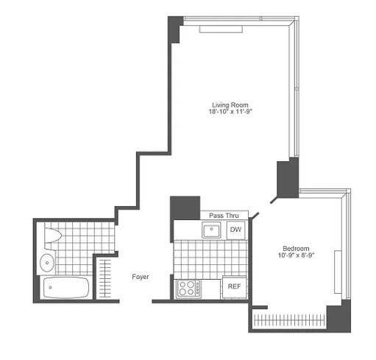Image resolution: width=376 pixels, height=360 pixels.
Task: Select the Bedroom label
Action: click(296, 248)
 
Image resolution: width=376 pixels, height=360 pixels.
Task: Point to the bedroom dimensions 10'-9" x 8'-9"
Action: click(296, 256)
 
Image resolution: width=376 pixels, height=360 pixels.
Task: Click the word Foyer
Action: click(141, 277)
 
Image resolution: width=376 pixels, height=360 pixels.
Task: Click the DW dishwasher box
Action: click(235, 230)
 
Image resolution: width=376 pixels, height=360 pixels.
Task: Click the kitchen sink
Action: click(213, 230)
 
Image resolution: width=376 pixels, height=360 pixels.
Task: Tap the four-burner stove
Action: click(187, 287)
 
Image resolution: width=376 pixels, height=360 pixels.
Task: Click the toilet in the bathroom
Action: click(52, 237)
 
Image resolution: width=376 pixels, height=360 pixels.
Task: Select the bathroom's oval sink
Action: click(47, 261)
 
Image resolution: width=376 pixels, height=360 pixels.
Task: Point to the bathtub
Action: click(65, 288)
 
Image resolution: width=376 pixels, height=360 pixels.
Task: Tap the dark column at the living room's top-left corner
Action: click(175, 28)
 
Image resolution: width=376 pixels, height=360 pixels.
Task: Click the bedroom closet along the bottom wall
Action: click(288, 320)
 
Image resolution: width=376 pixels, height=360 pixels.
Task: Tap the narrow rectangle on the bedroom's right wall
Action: click(338, 272)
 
